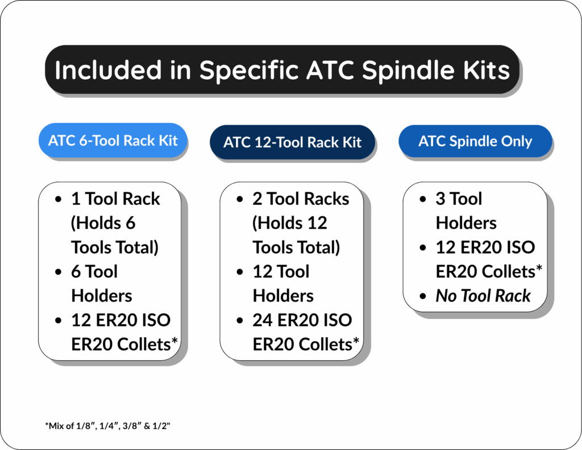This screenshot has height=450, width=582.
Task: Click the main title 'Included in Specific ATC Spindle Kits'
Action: (x=282, y=70)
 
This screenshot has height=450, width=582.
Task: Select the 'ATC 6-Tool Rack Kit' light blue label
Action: (x=113, y=140)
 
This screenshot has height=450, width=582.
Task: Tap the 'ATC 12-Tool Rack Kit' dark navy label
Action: (x=292, y=142)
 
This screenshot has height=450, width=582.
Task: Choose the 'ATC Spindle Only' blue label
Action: (x=475, y=141)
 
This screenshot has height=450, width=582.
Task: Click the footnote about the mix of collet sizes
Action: (x=107, y=426)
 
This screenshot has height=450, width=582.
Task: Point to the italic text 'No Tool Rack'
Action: (x=483, y=296)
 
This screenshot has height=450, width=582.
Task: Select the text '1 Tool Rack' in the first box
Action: (x=115, y=199)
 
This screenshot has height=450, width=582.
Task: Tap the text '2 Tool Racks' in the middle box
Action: (x=301, y=199)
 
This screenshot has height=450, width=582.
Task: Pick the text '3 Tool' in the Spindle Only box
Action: (x=459, y=199)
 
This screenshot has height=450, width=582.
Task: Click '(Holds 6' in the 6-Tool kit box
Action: (x=103, y=223)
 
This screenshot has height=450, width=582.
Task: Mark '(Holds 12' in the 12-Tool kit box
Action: (x=290, y=223)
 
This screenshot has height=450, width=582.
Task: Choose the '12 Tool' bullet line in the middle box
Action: (x=281, y=272)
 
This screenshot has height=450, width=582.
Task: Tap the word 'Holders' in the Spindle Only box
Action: (x=466, y=223)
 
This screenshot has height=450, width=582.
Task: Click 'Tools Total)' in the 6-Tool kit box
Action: (x=115, y=247)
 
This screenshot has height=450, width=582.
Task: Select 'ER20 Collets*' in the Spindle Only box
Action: (x=485, y=272)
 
